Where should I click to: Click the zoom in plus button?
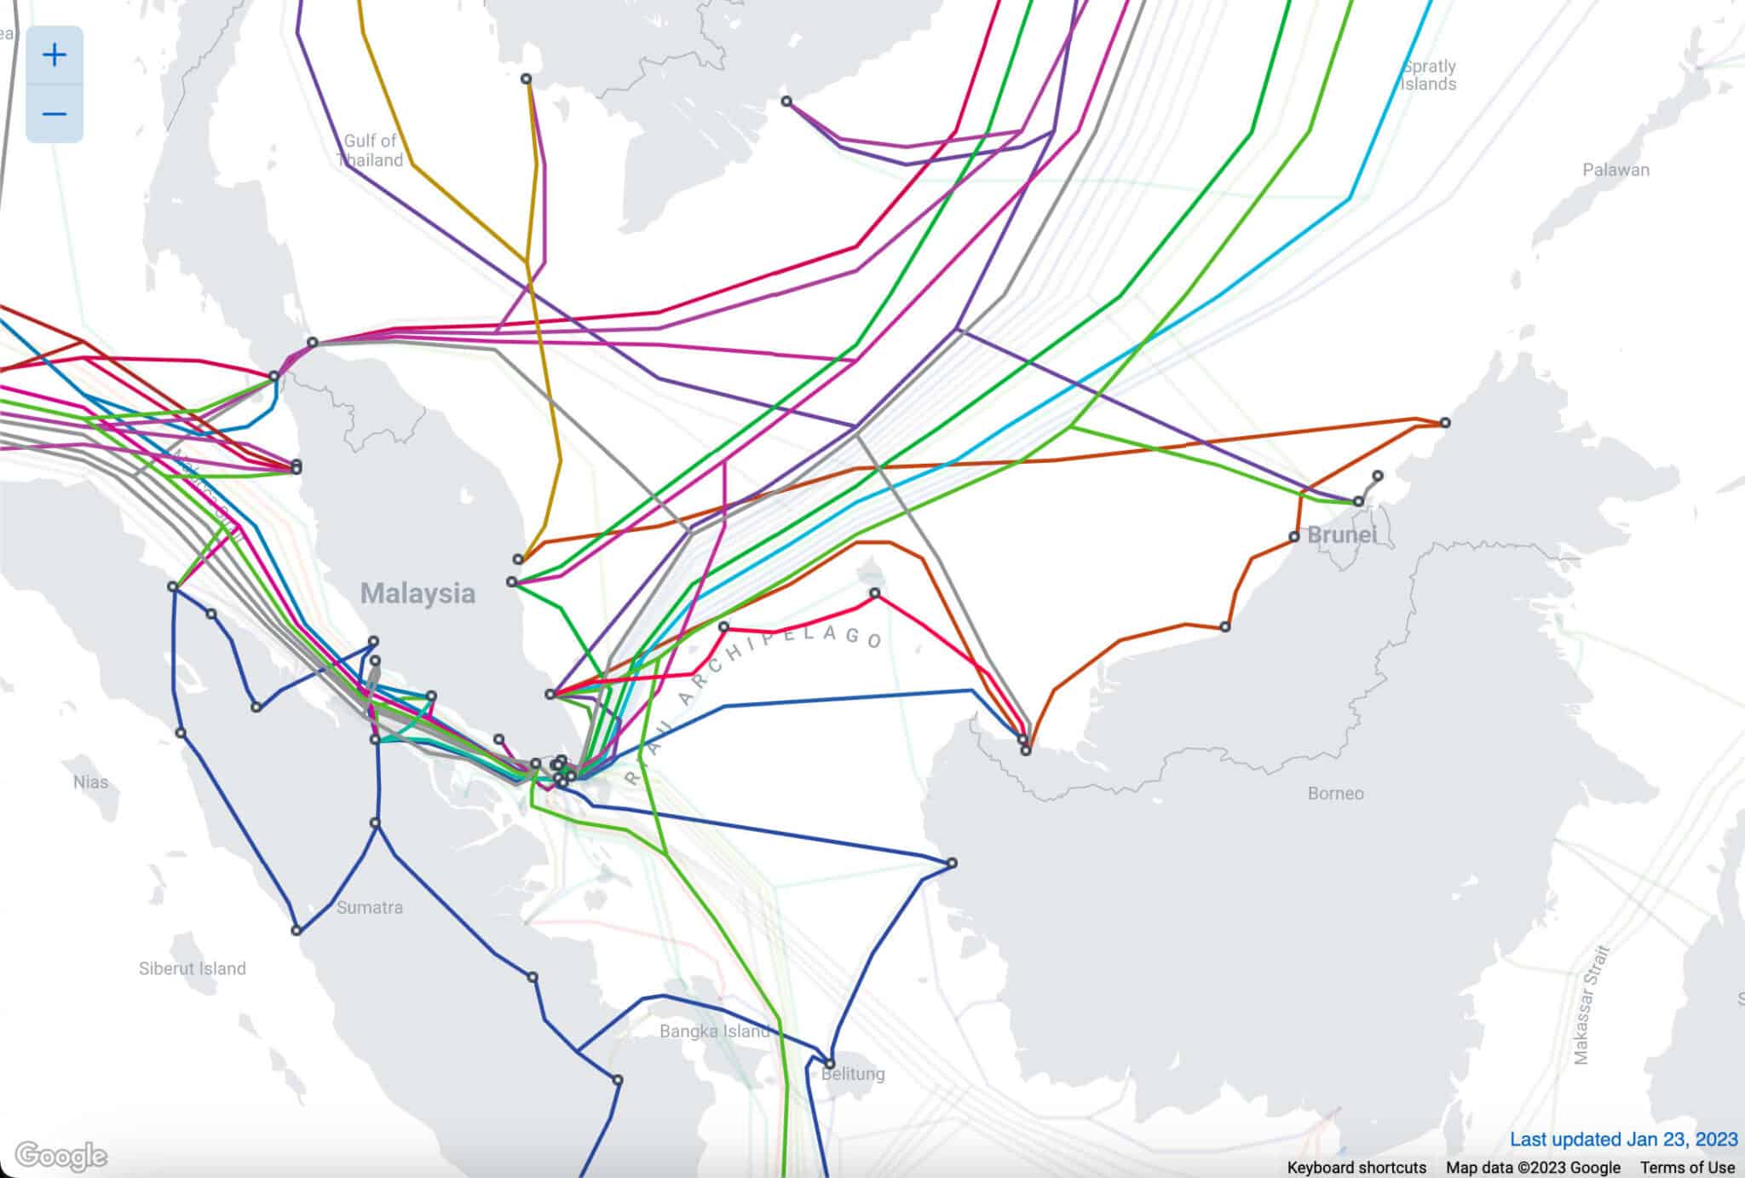[x=55, y=55]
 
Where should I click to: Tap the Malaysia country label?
[x=418, y=593]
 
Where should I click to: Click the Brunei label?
[x=1341, y=535]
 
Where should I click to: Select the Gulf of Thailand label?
[x=371, y=151]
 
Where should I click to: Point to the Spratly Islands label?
[x=1429, y=75]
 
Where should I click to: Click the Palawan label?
[x=1615, y=170]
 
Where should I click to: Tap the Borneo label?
[x=1335, y=794]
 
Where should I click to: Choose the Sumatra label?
[x=369, y=907]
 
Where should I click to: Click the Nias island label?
[x=91, y=782]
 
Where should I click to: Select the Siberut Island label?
[x=192, y=968]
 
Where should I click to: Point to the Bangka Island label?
[x=714, y=1031]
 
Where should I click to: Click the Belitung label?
[x=853, y=1074]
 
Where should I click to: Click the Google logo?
[x=61, y=1157]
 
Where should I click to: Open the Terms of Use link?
[x=1687, y=1167]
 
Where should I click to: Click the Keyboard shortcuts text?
[x=1356, y=1167]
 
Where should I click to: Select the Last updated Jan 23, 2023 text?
[x=1623, y=1140]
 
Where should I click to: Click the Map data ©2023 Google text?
[x=1533, y=1167]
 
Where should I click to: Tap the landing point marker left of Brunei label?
[x=1294, y=537]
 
